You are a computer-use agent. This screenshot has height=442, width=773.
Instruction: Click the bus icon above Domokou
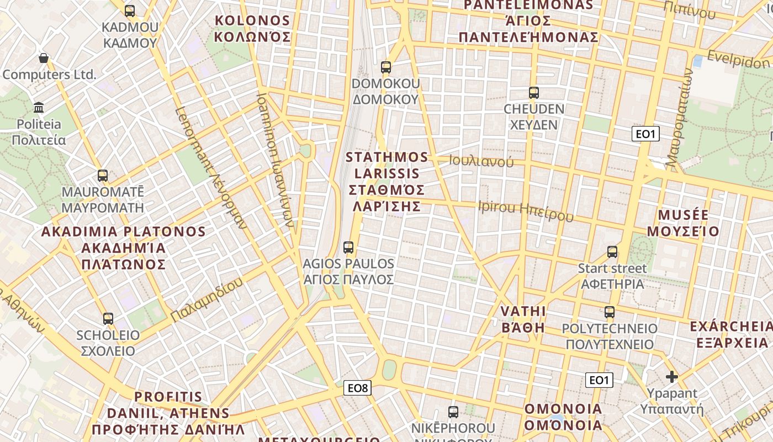(x=385, y=67)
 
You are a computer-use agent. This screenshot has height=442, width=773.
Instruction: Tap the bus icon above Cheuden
(x=533, y=93)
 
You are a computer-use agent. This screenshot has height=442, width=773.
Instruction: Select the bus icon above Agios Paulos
(x=348, y=247)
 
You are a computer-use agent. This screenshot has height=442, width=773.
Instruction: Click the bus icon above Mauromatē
(x=103, y=176)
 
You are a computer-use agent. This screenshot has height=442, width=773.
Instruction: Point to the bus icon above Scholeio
(x=108, y=318)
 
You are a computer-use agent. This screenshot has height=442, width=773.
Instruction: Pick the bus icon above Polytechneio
(x=610, y=312)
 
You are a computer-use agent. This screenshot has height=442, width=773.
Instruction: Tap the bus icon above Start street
(x=612, y=252)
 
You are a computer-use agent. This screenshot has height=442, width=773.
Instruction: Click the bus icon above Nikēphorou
(x=453, y=412)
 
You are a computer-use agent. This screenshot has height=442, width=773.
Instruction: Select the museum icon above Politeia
(x=39, y=107)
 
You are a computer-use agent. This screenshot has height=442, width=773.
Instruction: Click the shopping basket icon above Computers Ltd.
(x=43, y=58)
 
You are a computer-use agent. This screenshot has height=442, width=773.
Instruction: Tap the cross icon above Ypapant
(x=671, y=377)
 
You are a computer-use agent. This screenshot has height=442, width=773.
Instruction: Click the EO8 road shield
(x=357, y=388)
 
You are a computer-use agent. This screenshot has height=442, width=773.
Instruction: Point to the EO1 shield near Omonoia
(x=599, y=380)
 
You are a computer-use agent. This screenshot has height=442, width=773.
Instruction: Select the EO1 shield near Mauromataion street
(x=645, y=134)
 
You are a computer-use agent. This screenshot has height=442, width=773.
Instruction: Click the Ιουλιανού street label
(x=481, y=161)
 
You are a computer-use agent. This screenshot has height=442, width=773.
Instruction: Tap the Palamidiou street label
(x=207, y=300)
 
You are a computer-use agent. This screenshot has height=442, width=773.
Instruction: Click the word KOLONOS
(x=252, y=21)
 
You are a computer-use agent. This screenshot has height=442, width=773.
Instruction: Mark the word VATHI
(x=523, y=311)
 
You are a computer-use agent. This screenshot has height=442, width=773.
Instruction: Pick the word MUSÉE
(x=683, y=215)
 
